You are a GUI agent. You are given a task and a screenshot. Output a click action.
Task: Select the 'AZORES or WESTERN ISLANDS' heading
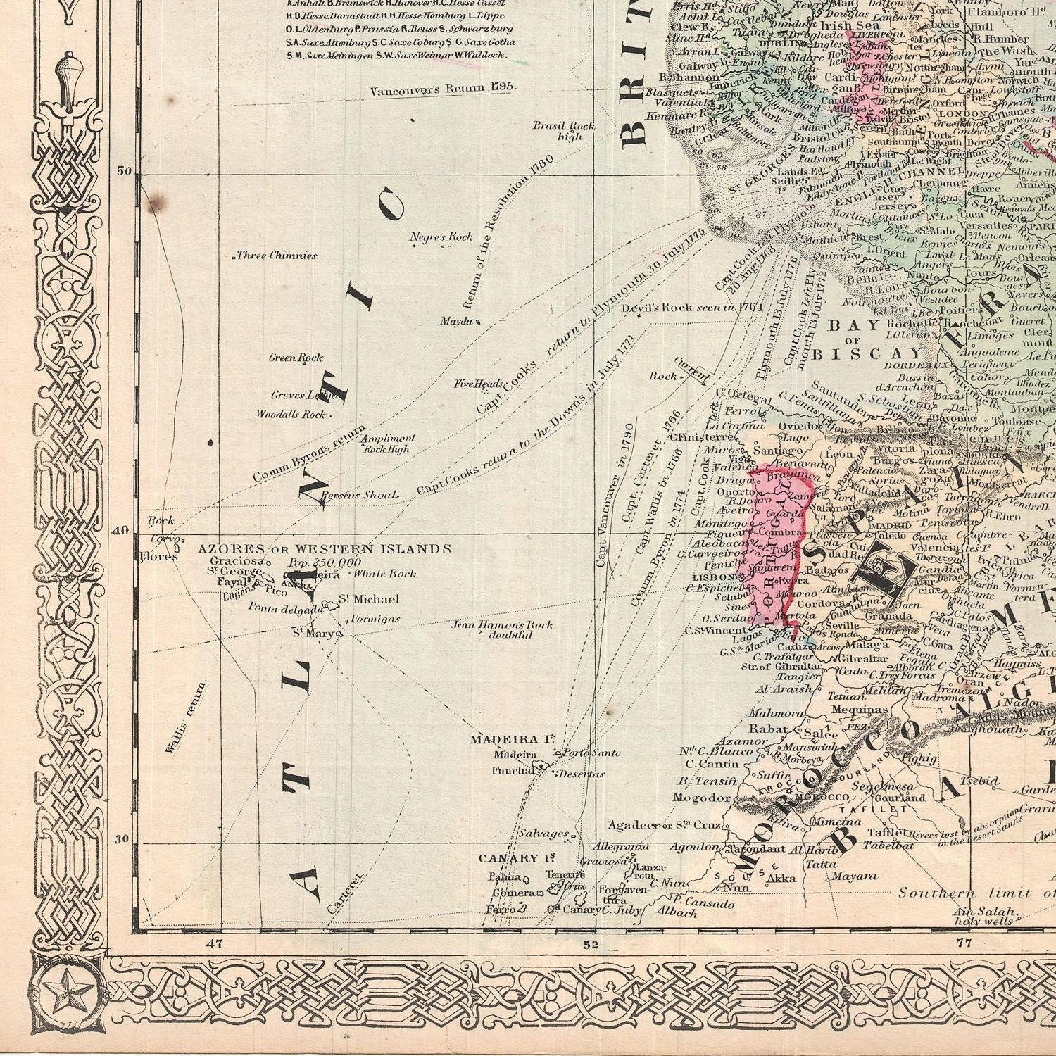tap(323, 548)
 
